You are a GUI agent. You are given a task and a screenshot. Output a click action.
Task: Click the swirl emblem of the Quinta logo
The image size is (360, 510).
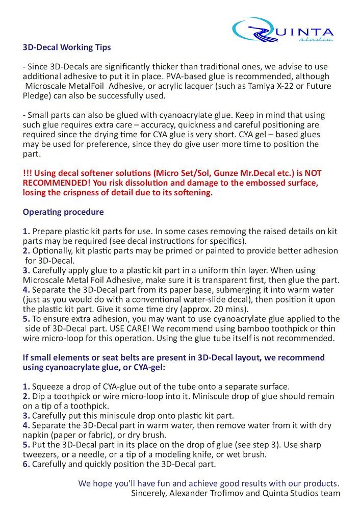click(253, 30)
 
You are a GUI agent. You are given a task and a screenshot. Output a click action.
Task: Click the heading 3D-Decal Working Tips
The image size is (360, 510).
click(67, 47)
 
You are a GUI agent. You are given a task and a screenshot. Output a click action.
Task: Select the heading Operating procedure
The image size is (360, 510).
click(63, 212)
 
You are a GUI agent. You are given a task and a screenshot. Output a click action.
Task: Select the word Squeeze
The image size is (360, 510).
click(50, 386)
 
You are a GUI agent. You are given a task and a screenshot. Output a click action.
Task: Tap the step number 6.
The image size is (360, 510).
click(26, 464)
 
